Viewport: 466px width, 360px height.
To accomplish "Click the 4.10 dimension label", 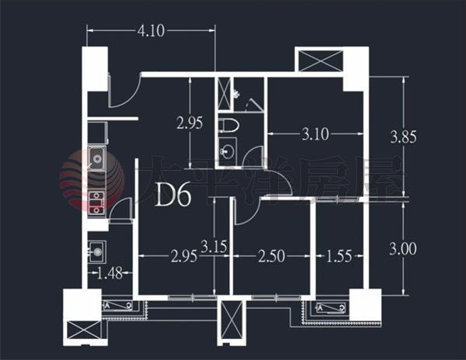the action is (x=151, y=30).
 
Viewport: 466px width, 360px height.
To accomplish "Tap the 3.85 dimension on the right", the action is (x=404, y=137).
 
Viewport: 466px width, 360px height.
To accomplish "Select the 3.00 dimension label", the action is (x=403, y=249).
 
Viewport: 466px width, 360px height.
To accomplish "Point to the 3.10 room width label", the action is (x=315, y=134).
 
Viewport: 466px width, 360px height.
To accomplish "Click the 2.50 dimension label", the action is (x=271, y=256).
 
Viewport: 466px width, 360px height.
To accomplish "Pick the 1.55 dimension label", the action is (x=339, y=256).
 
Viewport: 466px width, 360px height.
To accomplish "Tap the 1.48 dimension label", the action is (x=110, y=273).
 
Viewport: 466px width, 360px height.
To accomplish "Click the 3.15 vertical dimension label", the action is (x=214, y=246).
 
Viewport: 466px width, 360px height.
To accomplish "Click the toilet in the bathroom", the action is (x=229, y=126).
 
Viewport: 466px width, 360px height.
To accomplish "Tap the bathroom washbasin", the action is (x=228, y=151).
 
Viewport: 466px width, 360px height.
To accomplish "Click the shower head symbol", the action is (x=236, y=94).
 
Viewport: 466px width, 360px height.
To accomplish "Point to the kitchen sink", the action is (x=96, y=159).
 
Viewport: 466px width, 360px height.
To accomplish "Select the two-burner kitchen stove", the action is (x=96, y=202).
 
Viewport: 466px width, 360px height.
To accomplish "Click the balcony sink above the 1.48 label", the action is (x=97, y=251).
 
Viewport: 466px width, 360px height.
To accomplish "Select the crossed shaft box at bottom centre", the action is (x=230, y=322).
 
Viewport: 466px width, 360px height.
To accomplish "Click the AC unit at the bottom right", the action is (x=331, y=307).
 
